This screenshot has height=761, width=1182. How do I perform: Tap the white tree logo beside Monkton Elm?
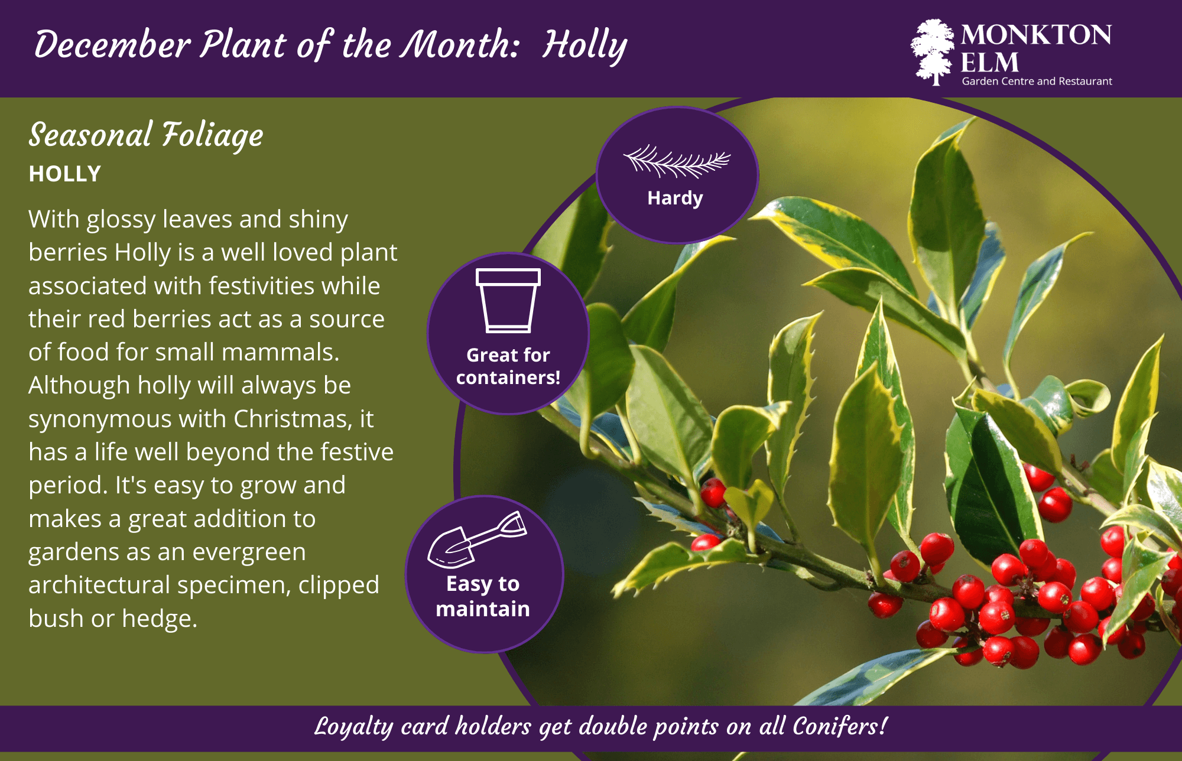pyautogui.click(x=933, y=52)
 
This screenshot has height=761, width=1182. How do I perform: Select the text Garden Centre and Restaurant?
pyautogui.click(x=1037, y=82)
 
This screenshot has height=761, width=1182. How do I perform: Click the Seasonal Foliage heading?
pyautogui.click(x=146, y=135)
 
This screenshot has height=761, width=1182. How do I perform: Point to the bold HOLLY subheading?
pyautogui.click(x=65, y=174)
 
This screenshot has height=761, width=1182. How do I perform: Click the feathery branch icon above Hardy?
pyautogui.click(x=676, y=161)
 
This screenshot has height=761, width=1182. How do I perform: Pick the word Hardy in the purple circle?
pyautogui.click(x=675, y=198)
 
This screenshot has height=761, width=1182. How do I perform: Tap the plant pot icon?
pyautogui.click(x=508, y=300)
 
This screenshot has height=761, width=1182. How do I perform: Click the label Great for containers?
pyautogui.click(x=508, y=366)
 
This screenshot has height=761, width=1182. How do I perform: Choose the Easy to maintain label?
pyautogui.click(x=483, y=596)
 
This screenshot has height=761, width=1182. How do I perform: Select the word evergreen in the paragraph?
pyautogui.click(x=249, y=552)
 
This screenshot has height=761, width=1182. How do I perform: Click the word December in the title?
pyautogui.click(x=112, y=45)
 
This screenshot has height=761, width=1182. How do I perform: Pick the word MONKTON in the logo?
pyautogui.click(x=1035, y=35)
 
